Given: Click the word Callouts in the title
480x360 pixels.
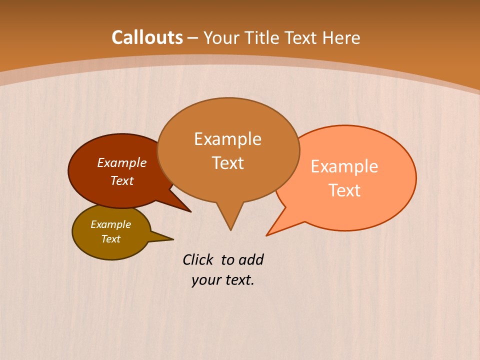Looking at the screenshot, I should (x=147, y=37).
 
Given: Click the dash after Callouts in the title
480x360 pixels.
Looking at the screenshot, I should (x=193, y=38).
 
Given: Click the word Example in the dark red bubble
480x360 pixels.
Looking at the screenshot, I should (x=121, y=162).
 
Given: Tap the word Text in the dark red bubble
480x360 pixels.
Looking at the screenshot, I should (x=121, y=180).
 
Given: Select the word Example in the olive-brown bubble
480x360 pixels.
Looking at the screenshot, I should (x=110, y=224).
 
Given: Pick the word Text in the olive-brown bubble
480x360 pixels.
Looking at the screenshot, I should (x=110, y=239).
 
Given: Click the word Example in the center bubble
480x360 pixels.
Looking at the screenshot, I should (x=227, y=139).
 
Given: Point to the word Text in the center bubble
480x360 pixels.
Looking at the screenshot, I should (x=227, y=163).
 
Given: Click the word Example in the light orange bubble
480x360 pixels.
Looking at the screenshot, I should (x=344, y=166).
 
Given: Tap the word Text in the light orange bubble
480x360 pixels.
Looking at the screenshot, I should (x=344, y=190).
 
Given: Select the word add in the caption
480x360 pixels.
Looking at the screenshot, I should (x=251, y=259).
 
